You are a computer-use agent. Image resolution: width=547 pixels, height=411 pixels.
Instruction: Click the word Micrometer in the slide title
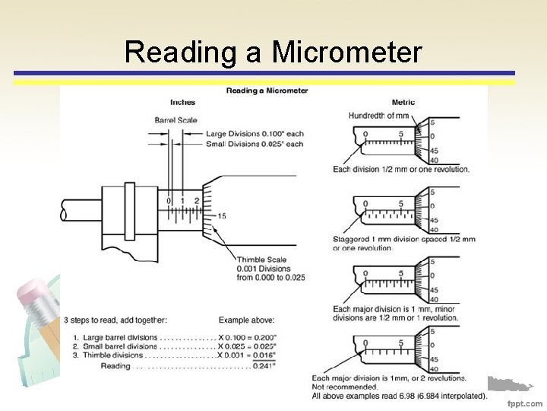[346, 53]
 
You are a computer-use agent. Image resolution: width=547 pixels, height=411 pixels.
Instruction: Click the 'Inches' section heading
[182, 102]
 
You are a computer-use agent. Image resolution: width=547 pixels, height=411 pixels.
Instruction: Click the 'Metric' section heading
[403, 102]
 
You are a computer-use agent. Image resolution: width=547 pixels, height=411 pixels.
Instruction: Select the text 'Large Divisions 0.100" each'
[255, 134]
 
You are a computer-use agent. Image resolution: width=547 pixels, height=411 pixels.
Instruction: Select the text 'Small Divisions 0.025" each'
[255, 144]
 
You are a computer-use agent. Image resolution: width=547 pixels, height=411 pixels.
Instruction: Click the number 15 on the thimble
[222, 216]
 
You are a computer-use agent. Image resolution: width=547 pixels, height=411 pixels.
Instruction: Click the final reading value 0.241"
[264, 365]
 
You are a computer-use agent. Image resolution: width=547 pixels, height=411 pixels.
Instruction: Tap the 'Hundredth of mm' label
[378, 116]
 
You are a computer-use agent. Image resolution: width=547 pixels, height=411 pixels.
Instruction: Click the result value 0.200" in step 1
[264, 338]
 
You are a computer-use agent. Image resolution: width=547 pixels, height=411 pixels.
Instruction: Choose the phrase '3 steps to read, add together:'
[115, 320]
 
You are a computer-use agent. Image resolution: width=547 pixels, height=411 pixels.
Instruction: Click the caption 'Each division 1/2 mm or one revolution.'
[401, 169]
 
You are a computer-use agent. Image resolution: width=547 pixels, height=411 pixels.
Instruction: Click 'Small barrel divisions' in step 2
[117, 347]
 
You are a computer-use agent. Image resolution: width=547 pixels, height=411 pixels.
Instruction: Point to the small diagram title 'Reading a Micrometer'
[267, 91]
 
